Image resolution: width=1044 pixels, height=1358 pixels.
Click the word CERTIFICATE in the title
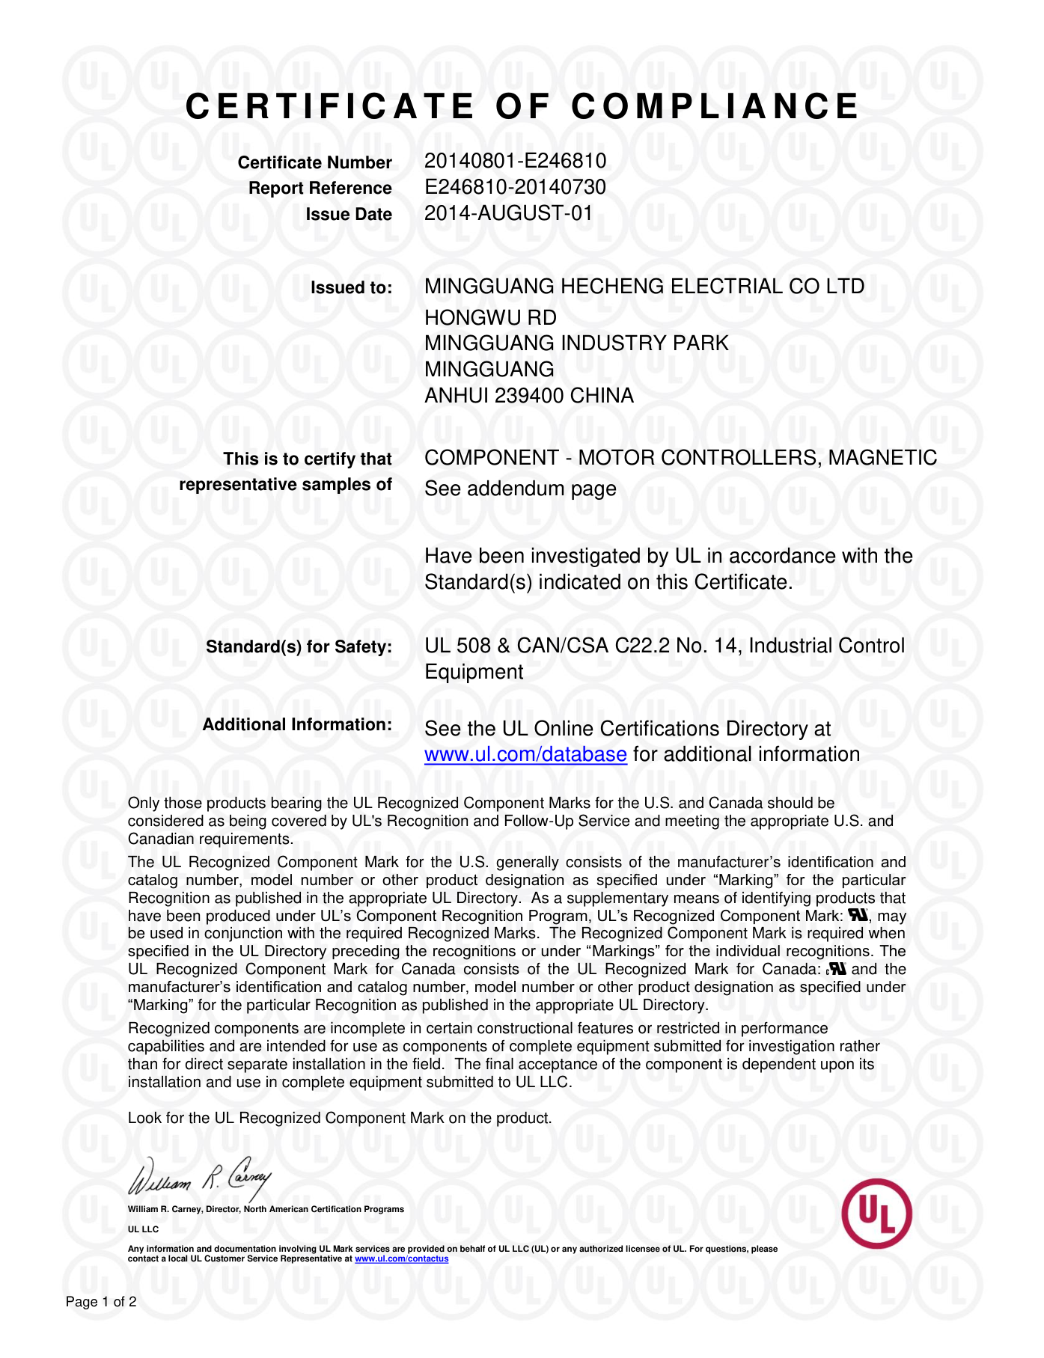[330, 106]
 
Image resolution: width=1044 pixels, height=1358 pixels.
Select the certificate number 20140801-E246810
[515, 161]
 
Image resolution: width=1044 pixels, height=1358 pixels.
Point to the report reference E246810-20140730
[515, 187]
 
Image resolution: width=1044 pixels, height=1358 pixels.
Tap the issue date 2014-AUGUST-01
[508, 213]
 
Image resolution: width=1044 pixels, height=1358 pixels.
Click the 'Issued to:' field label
[351, 287]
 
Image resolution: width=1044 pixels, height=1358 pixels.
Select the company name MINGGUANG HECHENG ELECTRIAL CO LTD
[644, 287]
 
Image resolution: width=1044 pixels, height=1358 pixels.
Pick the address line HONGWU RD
[490, 318]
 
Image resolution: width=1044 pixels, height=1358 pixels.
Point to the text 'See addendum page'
[520, 489]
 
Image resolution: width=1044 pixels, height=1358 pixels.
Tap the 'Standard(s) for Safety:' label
[299, 646]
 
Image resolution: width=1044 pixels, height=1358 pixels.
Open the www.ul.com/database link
[525, 754]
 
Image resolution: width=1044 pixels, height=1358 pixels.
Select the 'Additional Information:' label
[297, 724]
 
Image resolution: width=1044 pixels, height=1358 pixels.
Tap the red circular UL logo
[876, 1213]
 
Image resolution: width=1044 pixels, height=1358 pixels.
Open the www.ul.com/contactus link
[401, 1258]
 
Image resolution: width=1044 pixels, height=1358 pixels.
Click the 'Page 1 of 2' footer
[101, 1302]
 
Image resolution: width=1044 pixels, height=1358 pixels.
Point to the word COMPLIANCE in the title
[715, 106]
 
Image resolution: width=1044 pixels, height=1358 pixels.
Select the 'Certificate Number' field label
[314, 162]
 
